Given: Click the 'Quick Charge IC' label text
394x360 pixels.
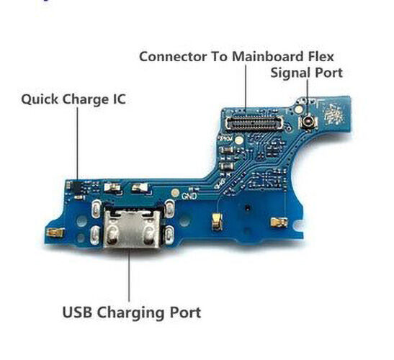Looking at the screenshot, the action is pos(73,99).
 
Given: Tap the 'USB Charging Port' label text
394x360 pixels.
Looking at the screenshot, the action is pos(131,312).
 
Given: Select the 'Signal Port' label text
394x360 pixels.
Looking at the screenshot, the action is pos(307,73).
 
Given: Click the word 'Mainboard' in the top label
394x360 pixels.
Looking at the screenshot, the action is pos(268,57).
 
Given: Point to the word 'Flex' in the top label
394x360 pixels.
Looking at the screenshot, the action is pos(321,57).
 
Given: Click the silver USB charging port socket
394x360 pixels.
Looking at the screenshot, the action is pos(132,229).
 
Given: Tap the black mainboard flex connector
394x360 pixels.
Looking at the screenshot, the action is pos(254,123).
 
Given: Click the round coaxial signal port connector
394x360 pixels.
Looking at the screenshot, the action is pos(308,122).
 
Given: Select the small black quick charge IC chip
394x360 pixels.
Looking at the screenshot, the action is pos(76,186).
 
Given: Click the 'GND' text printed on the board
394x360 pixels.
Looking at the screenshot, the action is pos(189,196).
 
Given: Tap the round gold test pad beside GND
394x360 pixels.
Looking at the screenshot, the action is pos(175,193).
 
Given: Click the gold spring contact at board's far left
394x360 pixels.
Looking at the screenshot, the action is pos(55,233).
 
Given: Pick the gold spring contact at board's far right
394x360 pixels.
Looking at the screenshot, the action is pos(279,222).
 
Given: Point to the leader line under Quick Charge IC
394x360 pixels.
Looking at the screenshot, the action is pos(77,144).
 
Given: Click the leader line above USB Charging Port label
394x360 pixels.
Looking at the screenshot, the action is pos(129,275).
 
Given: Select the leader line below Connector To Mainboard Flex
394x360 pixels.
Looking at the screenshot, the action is pos(246,87).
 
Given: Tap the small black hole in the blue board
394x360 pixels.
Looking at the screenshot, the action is pos(248,207).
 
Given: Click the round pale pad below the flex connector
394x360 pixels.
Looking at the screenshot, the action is pos(239,140).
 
